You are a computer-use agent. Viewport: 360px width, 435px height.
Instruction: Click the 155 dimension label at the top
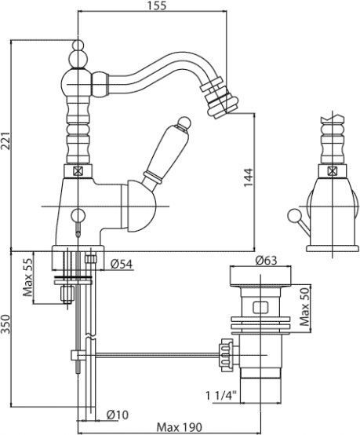point(157,5)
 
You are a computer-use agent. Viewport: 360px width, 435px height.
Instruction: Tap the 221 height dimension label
point(5,141)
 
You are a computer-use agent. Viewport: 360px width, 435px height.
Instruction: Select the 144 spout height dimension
point(249,177)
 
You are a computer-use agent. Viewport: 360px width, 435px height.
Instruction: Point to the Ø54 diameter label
point(122,264)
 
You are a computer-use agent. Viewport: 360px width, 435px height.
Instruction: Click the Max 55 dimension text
point(27,277)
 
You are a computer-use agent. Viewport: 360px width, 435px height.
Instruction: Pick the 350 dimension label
point(5,324)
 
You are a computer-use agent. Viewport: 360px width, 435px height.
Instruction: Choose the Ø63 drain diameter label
point(267,261)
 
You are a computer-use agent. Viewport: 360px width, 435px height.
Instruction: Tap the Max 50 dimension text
point(305,306)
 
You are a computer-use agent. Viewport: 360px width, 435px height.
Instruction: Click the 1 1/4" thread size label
point(221,395)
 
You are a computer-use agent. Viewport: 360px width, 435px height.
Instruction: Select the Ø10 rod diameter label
point(118,415)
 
